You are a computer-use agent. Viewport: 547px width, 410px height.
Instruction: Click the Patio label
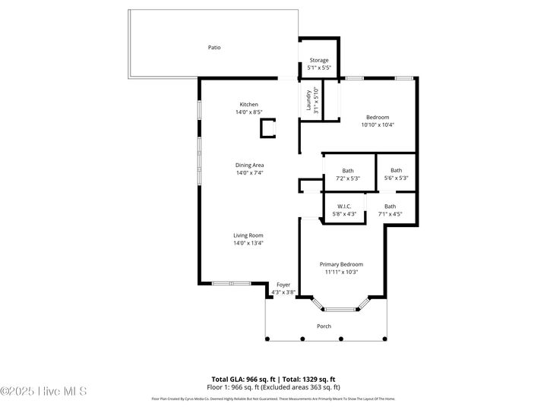[215, 47]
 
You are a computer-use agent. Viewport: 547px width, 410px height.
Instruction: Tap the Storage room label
[318, 60]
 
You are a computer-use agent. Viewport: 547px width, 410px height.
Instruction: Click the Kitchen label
[249, 105]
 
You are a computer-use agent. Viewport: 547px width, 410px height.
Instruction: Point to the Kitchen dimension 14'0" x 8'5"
[249, 112]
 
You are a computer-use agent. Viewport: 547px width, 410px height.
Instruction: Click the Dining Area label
[249, 165]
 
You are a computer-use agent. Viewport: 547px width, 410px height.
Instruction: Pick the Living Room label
[248, 235]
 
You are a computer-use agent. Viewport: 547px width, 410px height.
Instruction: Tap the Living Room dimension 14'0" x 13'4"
[248, 243]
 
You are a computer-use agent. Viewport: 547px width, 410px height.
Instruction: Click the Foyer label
[283, 285]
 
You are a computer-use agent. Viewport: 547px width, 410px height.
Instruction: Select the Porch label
[324, 326]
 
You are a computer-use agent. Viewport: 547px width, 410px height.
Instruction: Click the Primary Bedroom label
[341, 264]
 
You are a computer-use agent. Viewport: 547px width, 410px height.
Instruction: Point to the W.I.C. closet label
[344, 207]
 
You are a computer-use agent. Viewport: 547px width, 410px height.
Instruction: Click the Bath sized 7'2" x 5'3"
[348, 171]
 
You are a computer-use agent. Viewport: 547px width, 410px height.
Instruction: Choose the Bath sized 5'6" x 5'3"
[396, 171]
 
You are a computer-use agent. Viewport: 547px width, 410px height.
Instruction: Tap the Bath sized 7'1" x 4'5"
[390, 207]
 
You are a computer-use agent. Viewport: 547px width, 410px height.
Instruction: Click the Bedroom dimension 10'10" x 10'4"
[378, 125]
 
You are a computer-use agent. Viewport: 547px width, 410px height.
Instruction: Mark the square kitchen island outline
[268, 128]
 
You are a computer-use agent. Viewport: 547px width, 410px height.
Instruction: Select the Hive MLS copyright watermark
[43, 392]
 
